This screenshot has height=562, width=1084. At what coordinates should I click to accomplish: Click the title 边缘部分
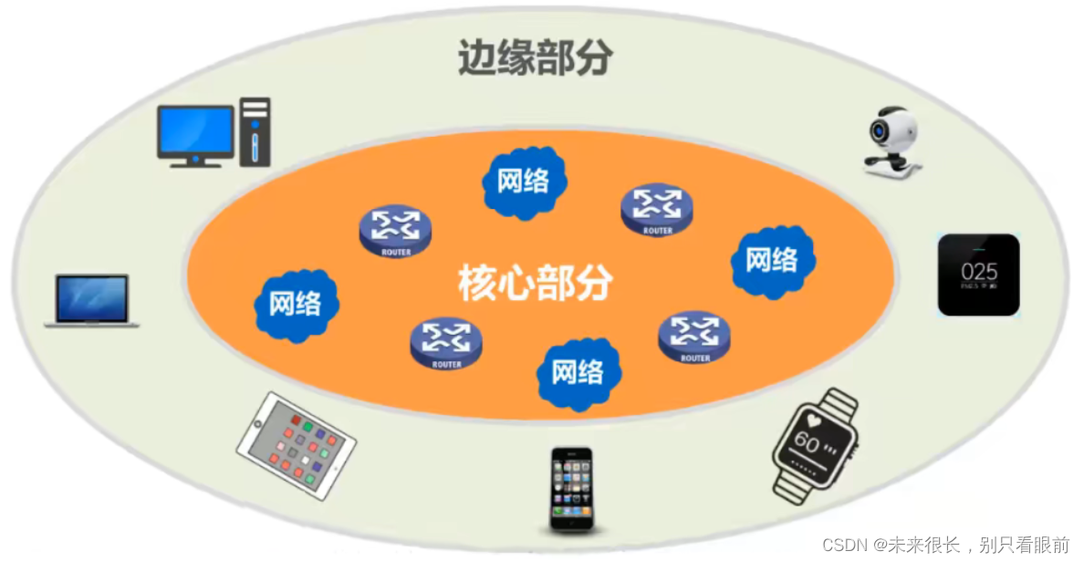(x=535, y=59)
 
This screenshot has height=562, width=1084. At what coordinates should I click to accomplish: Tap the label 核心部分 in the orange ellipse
(x=535, y=284)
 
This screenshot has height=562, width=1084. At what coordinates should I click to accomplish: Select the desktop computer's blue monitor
(x=195, y=130)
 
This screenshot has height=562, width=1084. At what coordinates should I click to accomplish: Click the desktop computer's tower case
(x=255, y=132)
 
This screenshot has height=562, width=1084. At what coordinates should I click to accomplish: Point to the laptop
(x=91, y=300)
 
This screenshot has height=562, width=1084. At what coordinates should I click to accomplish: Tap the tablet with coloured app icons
(x=297, y=445)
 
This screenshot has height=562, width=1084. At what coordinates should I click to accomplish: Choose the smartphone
(x=571, y=488)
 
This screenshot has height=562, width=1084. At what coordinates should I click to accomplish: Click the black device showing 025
(x=978, y=275)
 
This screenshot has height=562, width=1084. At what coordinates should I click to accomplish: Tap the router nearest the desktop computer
(x=395, y=231)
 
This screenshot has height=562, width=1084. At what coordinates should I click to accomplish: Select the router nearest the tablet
(x=446, y=343)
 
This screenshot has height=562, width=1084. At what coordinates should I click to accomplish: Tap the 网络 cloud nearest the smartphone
(x=578, y=372)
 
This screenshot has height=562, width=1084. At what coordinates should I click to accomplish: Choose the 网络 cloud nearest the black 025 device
(x=772, y=260)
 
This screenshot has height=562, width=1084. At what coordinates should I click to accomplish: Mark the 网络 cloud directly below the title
(x=524, y=182)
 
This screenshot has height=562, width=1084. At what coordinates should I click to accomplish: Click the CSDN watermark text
(x=945, y=545)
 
